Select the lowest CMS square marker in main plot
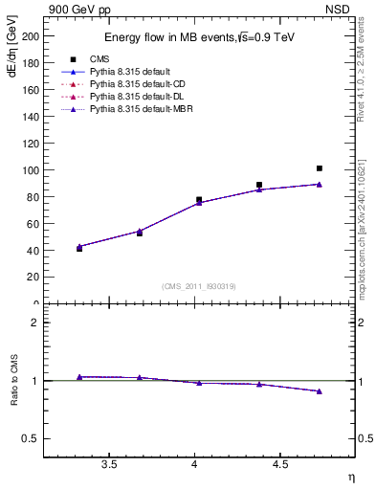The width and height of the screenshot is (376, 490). point(79,248)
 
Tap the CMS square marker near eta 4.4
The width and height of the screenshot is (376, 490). point(259,185)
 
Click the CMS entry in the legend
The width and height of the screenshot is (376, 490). point(100,59)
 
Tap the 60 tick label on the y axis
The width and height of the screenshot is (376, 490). point(33,223)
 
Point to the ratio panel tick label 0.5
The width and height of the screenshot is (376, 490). point(33,438)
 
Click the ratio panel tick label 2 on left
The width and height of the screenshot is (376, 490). point(36,323)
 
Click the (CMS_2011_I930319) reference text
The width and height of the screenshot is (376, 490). point(199,285)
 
